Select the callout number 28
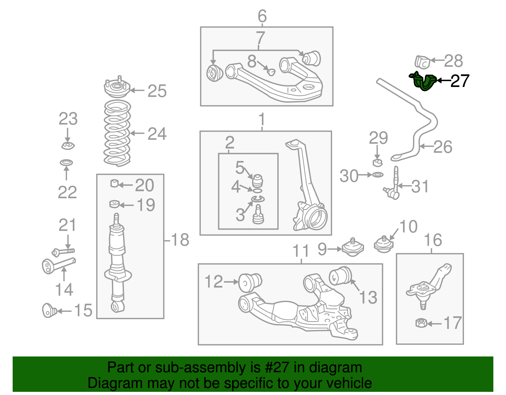click(453, 61)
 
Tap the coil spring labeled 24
click(117, 133)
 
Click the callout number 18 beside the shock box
click(180, 240)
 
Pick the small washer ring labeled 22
click(66, 163)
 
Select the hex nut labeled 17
click(421, 323)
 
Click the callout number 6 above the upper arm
click(262, 16)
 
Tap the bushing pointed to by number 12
click(250, 283)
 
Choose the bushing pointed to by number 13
click(340, 276)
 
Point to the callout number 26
click(443, 147)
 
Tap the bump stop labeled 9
click(353, 247)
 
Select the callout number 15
click(83, 310)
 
